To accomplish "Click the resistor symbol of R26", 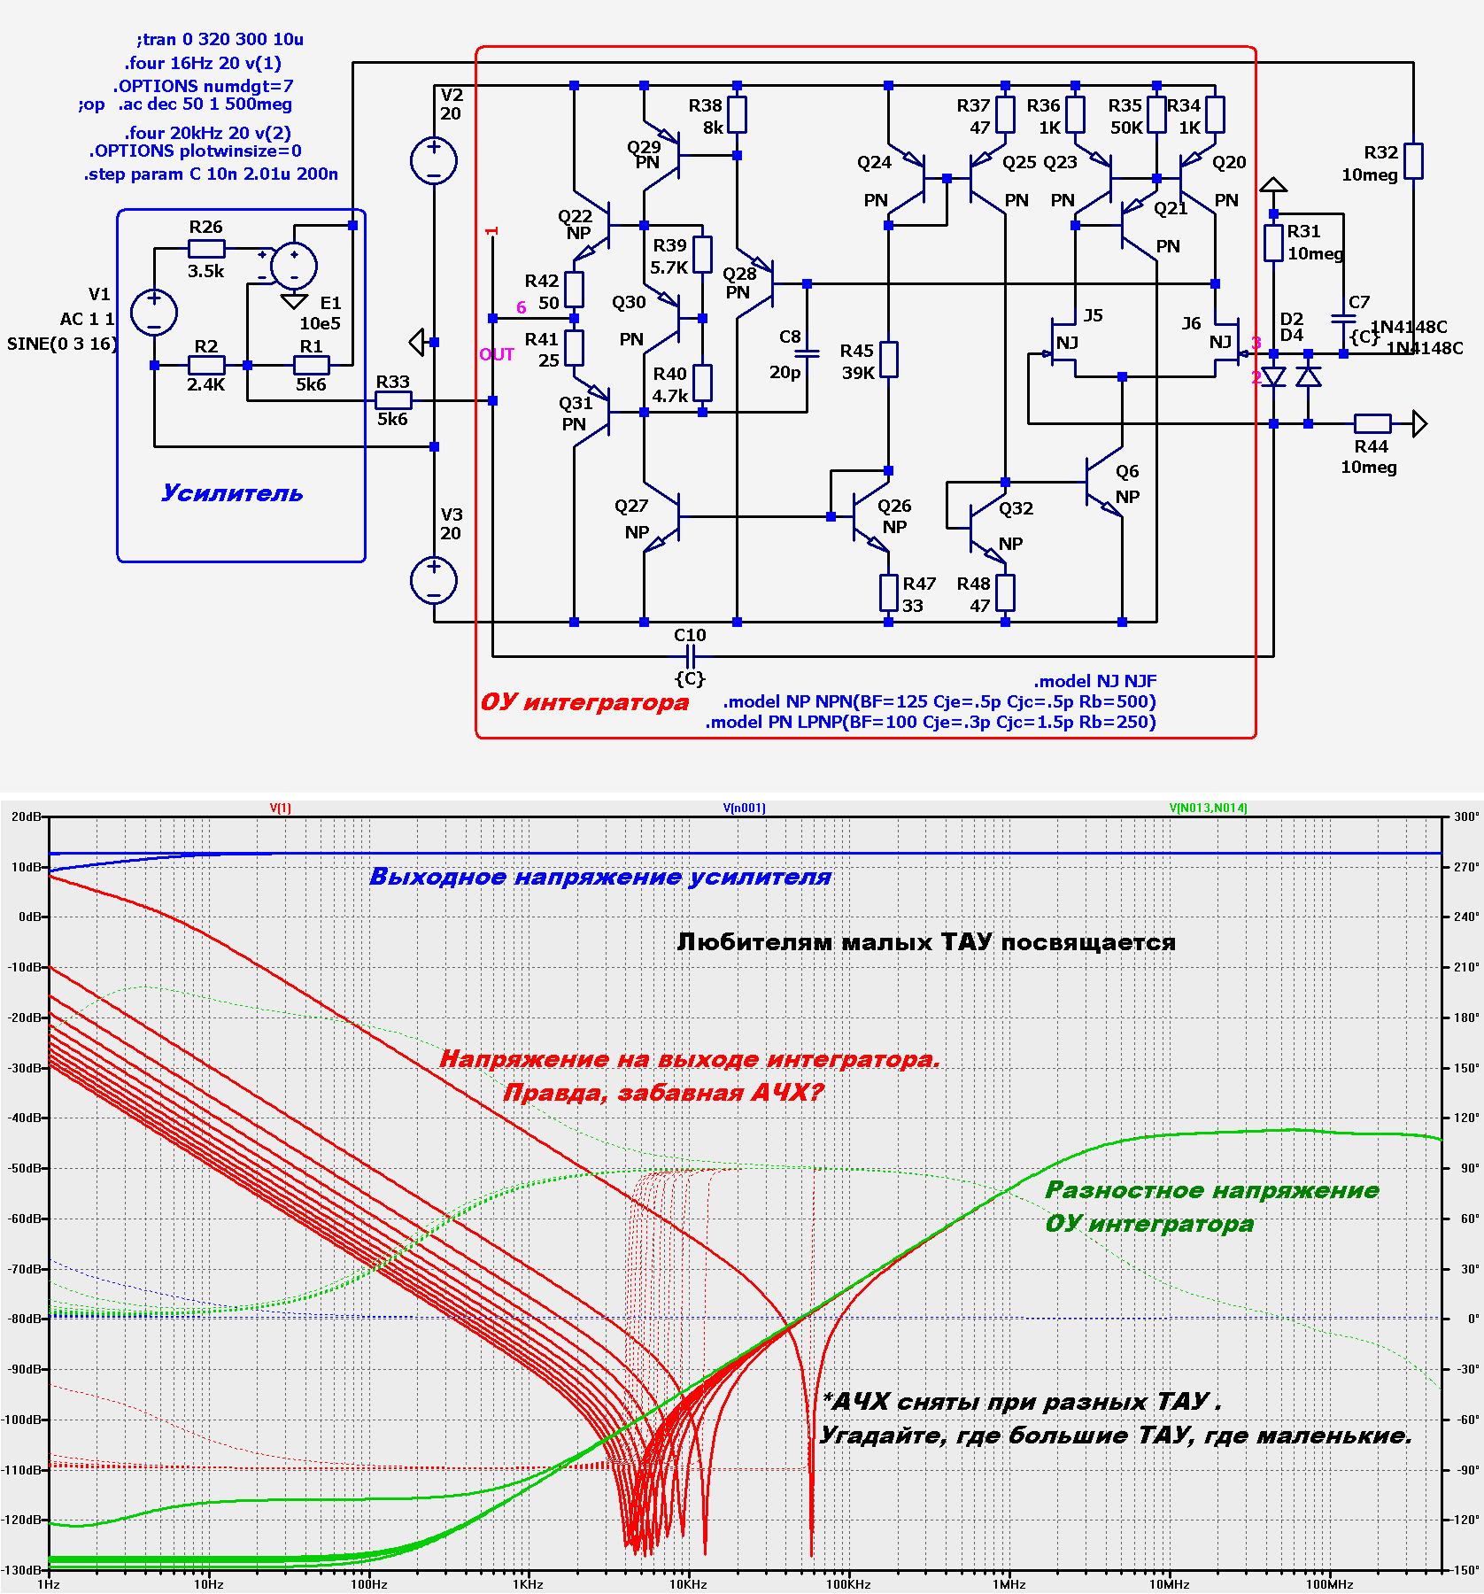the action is coord(206,249).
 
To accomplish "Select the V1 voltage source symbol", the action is coord(154,313).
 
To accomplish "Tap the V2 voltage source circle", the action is coord(434,161).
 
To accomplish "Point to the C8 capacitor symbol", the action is coord(808,352).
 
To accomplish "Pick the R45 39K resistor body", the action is coord(889,360).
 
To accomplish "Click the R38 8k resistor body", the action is coord(737,115).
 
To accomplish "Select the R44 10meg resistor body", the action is coord(1372,424).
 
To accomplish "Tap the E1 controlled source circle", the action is coord(294,266).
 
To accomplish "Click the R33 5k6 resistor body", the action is coord(393,401).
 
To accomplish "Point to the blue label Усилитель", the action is coord(232,493).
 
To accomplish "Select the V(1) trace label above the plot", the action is coord(281,808).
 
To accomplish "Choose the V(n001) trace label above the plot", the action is coord(745,808).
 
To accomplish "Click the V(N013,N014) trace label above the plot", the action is coord(1209,808).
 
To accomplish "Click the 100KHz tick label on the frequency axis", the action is coord(848,1584).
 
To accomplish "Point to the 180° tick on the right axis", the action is coord(1466,1018).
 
